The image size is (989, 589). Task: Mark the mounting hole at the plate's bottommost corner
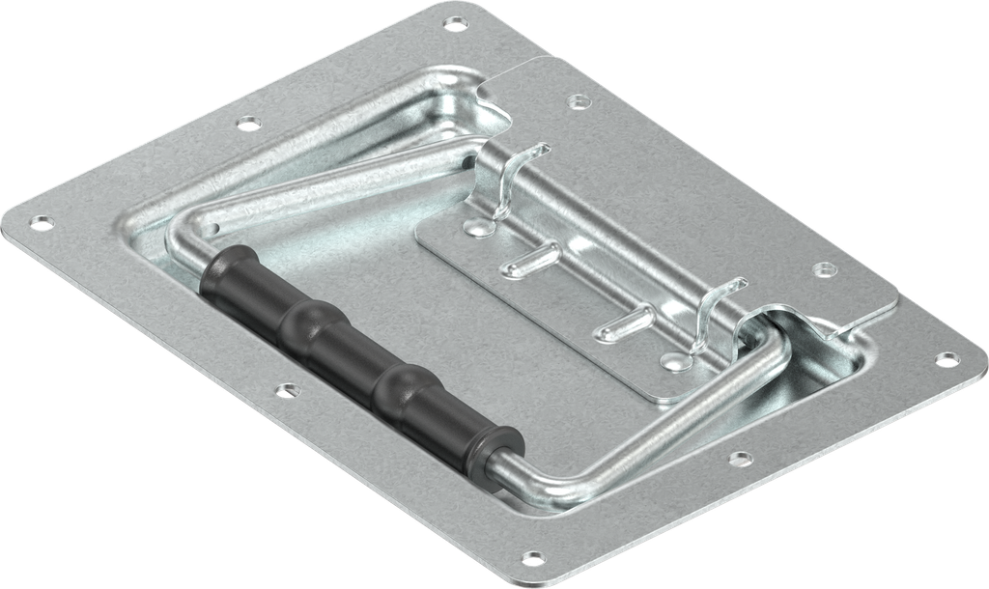click(532, 557)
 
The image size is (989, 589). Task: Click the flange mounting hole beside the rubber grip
click(286, 390)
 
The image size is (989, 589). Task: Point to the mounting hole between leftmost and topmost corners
click(248, 122)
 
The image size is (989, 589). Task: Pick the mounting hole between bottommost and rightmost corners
click(740, 457)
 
